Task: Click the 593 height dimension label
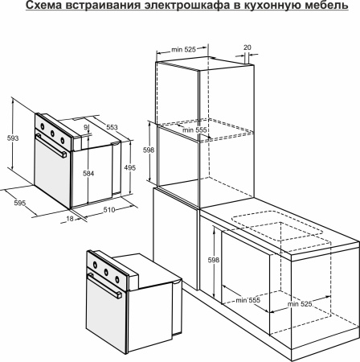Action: point(13,138)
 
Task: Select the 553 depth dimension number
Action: point(112,127)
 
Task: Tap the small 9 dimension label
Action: point(85,127)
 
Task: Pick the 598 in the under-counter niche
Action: point(213,260)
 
